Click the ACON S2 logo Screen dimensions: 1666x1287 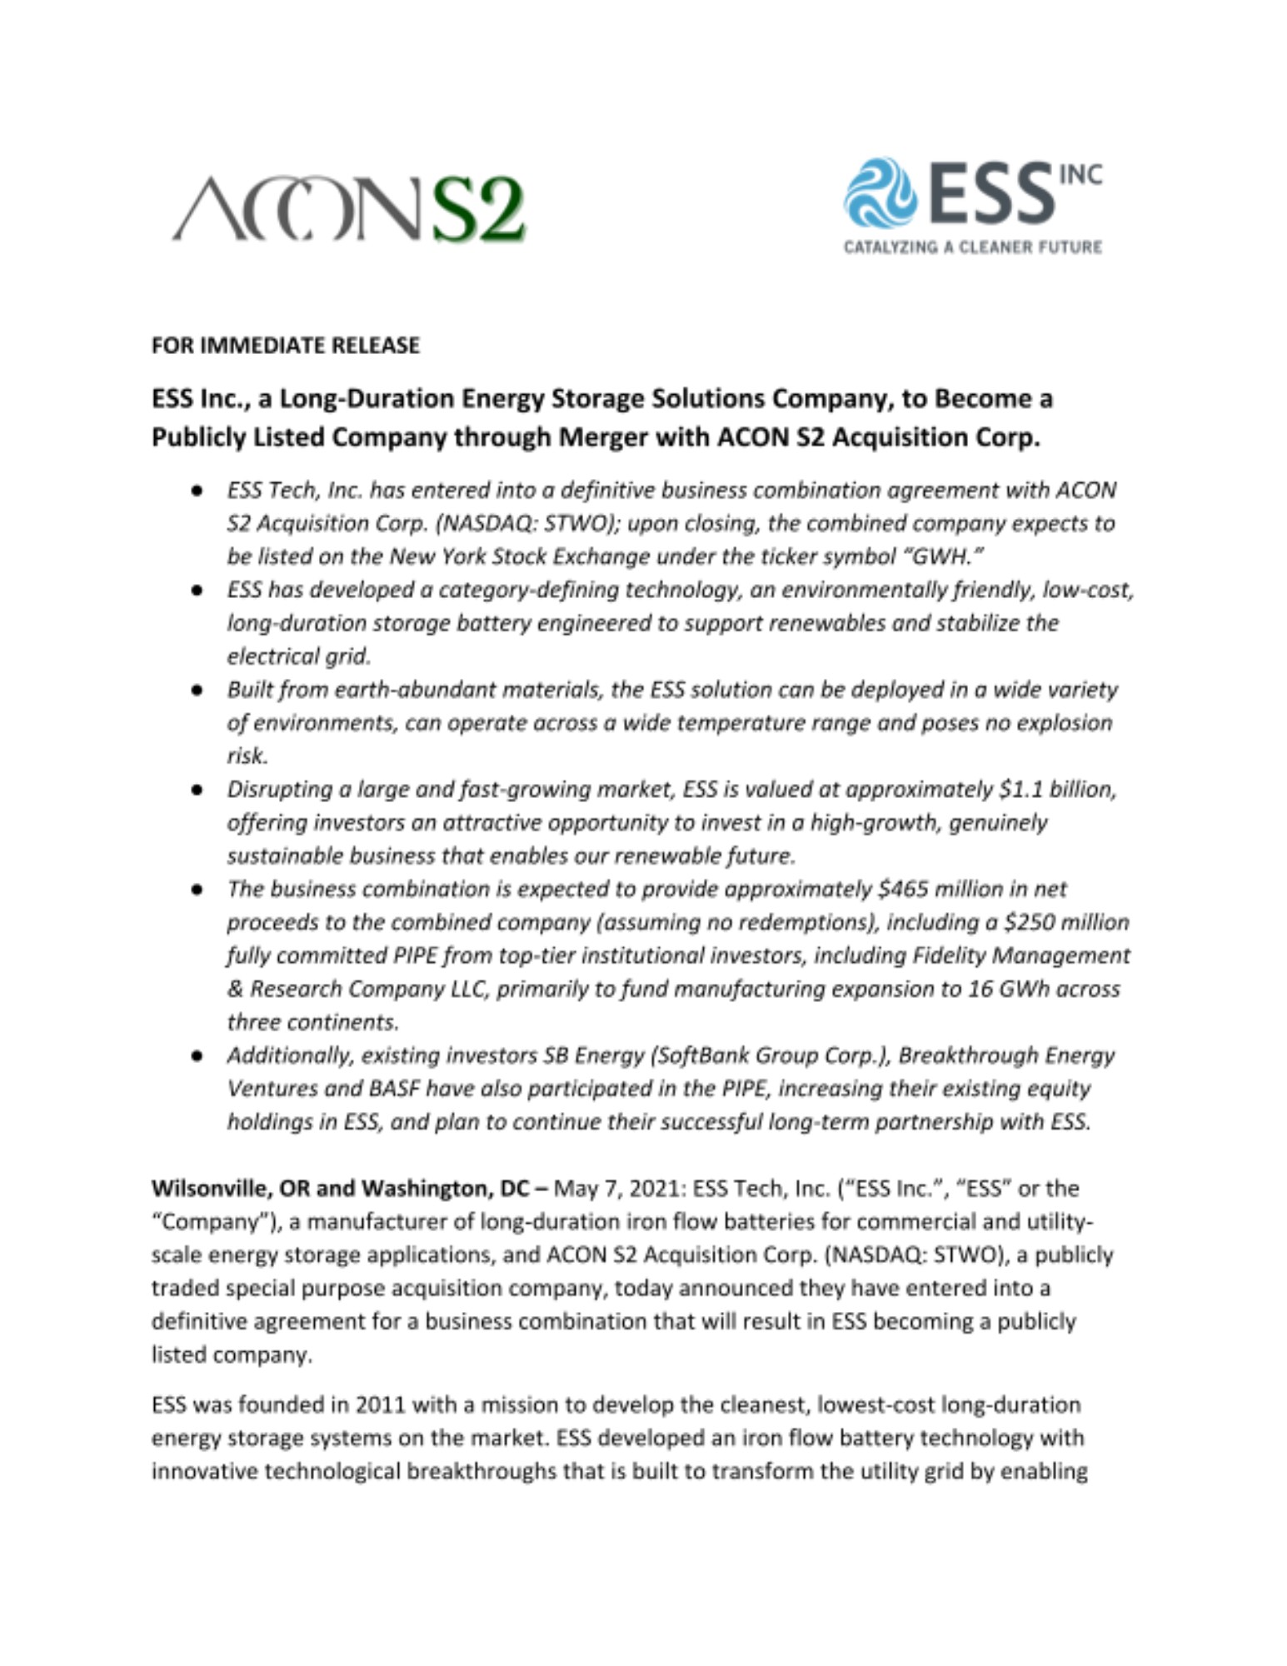tap(348, 208)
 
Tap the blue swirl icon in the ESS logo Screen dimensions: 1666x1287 tap(879, 193)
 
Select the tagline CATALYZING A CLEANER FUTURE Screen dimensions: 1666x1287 tap(972, 247)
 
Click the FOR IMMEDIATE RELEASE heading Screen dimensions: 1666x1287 tap(285, 346)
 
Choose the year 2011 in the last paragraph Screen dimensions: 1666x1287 tap(380, 1405)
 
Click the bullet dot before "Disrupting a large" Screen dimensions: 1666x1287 tap(197, 790)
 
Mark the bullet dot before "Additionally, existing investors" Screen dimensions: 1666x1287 tap(197, 1056)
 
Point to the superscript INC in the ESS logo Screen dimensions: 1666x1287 tap(1080, 174)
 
